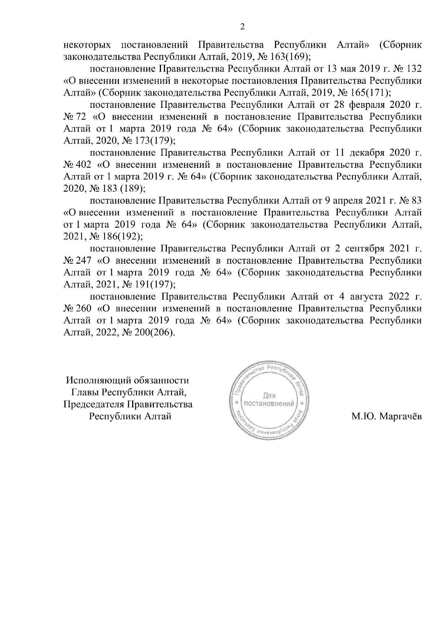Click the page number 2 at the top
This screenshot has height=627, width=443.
coord(242,26)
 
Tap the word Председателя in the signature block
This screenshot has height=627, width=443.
coord(94,404)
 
